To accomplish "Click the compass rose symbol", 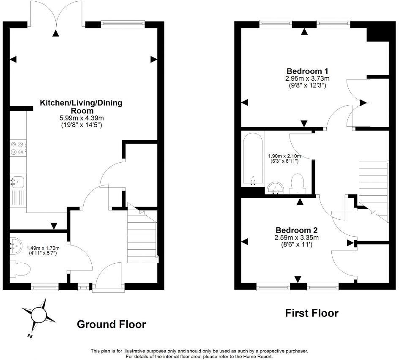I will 39,315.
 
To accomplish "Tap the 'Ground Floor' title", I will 111,325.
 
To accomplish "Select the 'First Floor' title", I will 312,313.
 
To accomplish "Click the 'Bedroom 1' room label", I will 302,71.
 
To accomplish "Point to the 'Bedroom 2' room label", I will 296,230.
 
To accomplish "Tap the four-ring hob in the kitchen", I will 18,148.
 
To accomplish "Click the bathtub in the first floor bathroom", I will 253,159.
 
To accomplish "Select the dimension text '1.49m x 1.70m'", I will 43,248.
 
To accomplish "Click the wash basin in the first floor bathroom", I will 276,188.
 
